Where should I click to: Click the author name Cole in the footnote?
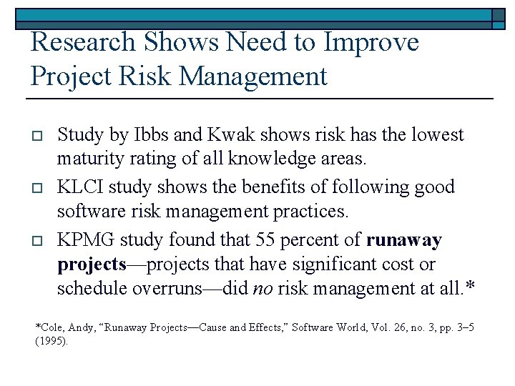pos(50,327)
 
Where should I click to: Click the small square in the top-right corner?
pos(499,15)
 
